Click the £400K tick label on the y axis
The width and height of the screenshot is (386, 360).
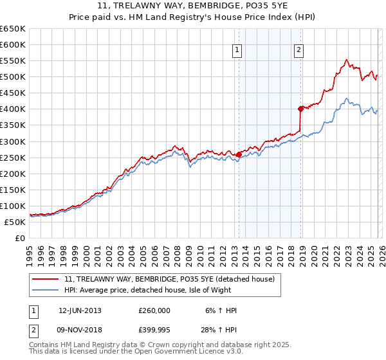(x=13, y=109)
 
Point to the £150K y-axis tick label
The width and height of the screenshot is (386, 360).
(x=13, y=190)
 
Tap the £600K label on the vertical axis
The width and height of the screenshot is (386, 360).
(x=13, y=44)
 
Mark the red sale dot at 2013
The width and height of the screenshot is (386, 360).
(x=239, y=154)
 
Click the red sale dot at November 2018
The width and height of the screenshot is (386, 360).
(x=300, y=109)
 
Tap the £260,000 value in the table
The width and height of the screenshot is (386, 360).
(x=154, y=310)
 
